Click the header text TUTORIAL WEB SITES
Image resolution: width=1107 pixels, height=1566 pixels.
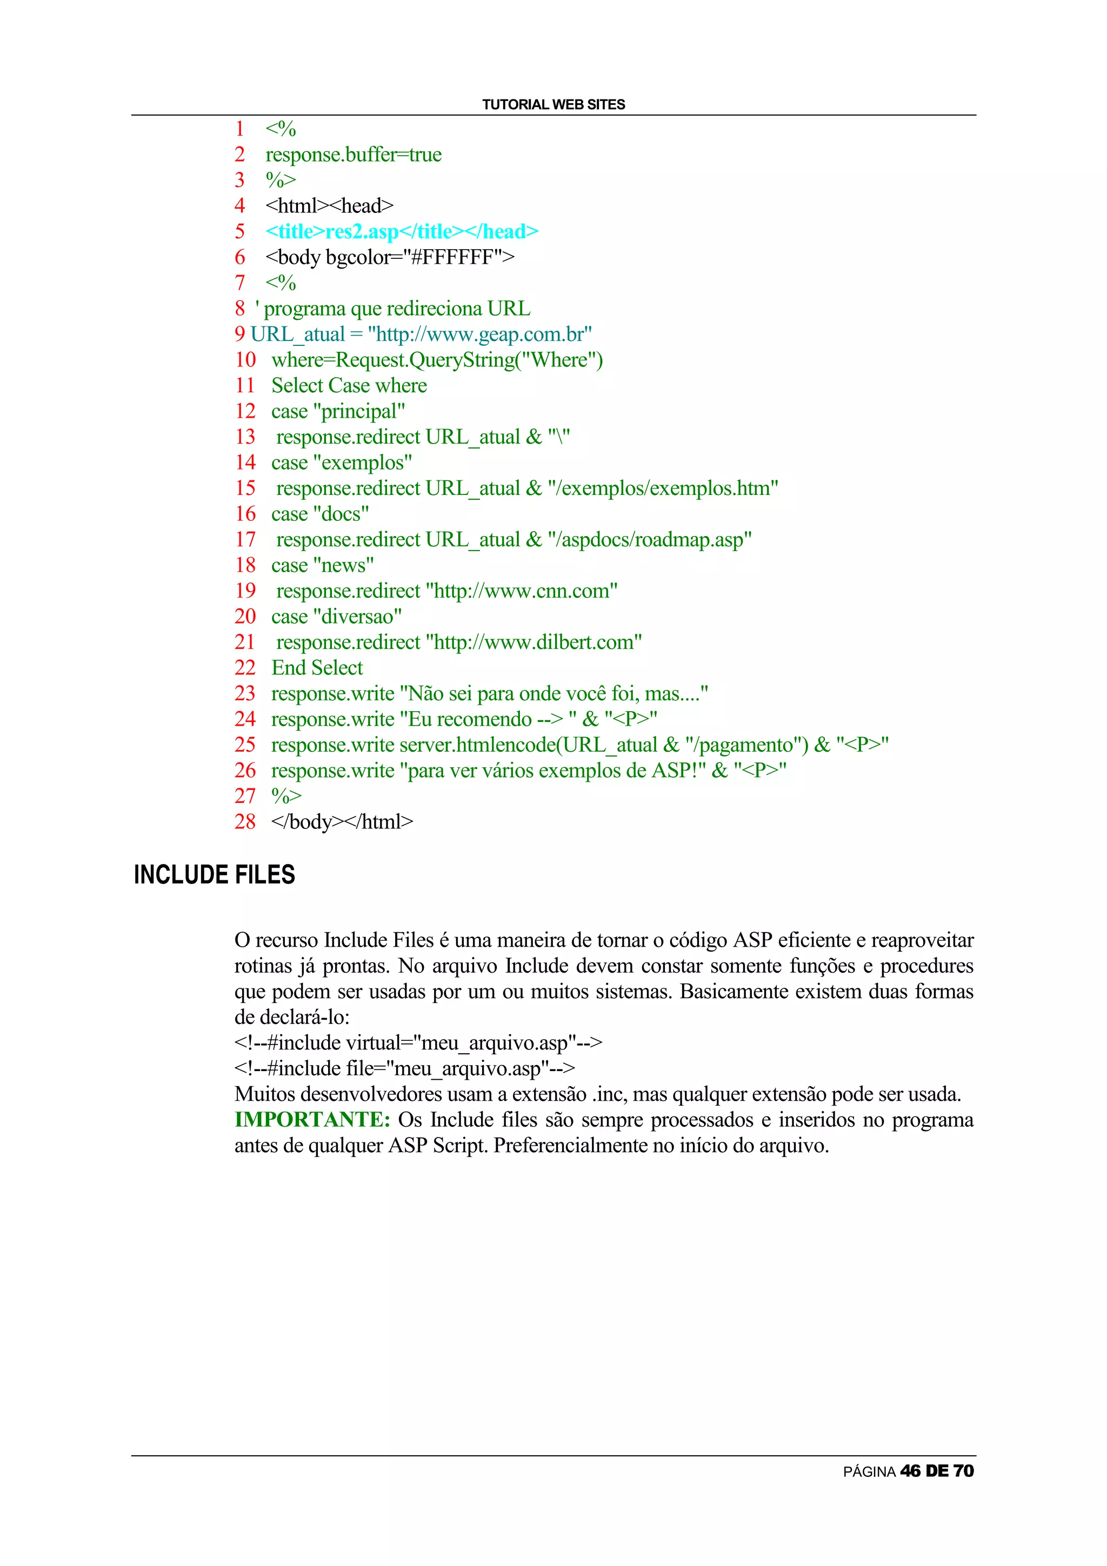[553, 104]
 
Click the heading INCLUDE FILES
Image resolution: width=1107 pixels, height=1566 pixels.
[214, 874]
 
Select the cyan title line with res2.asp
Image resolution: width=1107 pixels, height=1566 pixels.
[402, 231]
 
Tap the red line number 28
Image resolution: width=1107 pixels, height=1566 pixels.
[244, 821]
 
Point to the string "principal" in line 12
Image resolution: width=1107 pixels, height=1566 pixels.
[359, 411]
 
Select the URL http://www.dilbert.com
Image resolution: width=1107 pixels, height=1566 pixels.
[534, 642]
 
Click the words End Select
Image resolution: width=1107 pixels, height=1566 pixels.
[317, 668]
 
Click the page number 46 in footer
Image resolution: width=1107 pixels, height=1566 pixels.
[910, 1471]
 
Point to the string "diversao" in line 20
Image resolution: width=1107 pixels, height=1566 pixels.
[357, 617]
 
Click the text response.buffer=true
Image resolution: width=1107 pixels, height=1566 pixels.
[354, 155]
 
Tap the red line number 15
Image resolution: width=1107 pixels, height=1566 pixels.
[245, 488]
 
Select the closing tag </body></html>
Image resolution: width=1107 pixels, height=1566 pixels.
[342, 821]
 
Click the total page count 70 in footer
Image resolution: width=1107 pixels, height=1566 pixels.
[963, 1471]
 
